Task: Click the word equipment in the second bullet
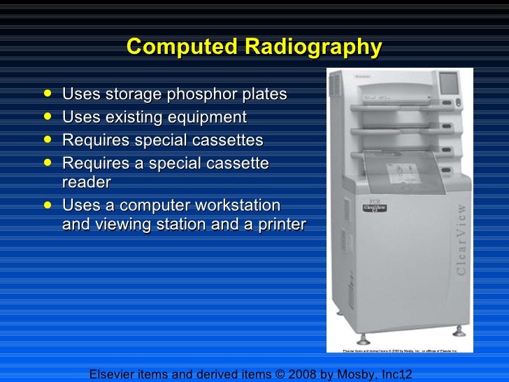[208, 117]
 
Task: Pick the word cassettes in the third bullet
[225, 141]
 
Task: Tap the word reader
[86, 182]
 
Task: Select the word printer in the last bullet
[280, 225]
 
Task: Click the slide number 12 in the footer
[406, 374]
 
